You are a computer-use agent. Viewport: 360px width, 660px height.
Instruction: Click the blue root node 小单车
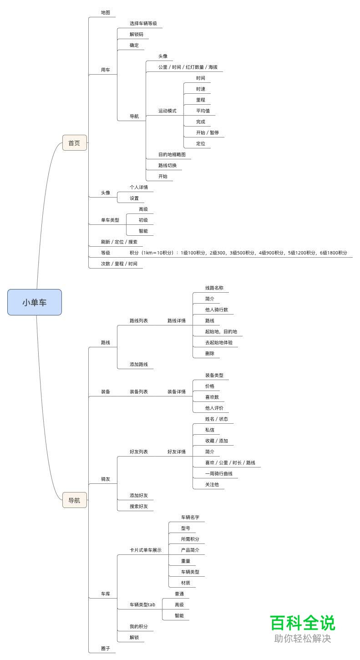click(35, 302)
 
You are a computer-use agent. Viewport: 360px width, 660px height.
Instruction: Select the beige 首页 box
click(74, 143)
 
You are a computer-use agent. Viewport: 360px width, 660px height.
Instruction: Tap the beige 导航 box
click(74, 500)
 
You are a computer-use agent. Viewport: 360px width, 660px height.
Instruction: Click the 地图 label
click(106, 13)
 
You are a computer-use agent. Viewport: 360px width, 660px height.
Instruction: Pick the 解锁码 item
click(137, 35)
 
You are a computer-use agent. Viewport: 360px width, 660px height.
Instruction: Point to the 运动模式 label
click(167, 111)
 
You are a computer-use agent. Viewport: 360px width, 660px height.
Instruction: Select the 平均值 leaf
click(203, 111)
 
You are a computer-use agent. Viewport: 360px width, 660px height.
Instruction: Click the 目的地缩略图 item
click(172, 155)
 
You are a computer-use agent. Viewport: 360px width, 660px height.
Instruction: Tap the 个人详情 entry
click(139, 188)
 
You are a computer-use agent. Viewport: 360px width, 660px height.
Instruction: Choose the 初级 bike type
click(143, 220)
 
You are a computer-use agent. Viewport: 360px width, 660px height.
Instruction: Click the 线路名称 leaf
click(214, 288)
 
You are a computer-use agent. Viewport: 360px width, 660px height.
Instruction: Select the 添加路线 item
click(139, 365)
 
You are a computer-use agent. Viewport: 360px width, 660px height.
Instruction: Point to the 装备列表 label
click(139, 392)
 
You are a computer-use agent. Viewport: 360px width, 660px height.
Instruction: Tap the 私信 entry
click(210, 430)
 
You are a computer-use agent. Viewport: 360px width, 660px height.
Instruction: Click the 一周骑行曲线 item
click(219, 474)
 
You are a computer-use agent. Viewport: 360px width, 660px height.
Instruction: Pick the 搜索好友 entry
click(139, 507)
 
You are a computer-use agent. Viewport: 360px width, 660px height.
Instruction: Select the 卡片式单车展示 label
click(146, 550)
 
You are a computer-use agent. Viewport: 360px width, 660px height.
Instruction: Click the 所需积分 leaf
click(190, 539)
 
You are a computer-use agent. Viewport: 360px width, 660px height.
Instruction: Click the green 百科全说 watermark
click(303, 623)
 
